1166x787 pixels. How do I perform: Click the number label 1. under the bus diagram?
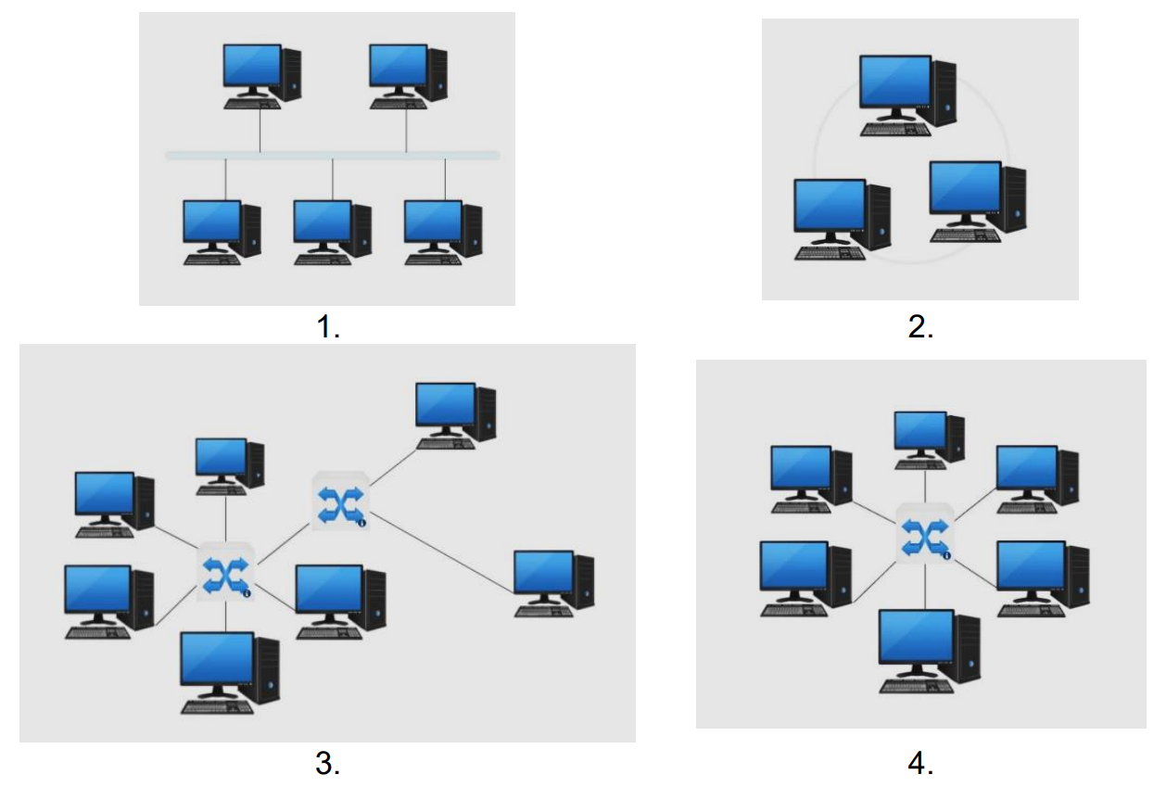(328, 326)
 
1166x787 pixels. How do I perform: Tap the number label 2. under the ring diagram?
(920, 326)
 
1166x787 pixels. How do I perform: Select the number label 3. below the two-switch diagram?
(328, 764)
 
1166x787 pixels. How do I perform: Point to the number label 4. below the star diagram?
(920, 764)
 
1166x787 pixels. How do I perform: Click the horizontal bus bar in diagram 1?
(333, 156)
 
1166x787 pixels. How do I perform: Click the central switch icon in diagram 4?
(925, 535)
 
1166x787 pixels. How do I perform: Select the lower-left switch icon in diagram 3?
(225, 573)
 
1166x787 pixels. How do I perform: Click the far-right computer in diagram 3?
(553, 582)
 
